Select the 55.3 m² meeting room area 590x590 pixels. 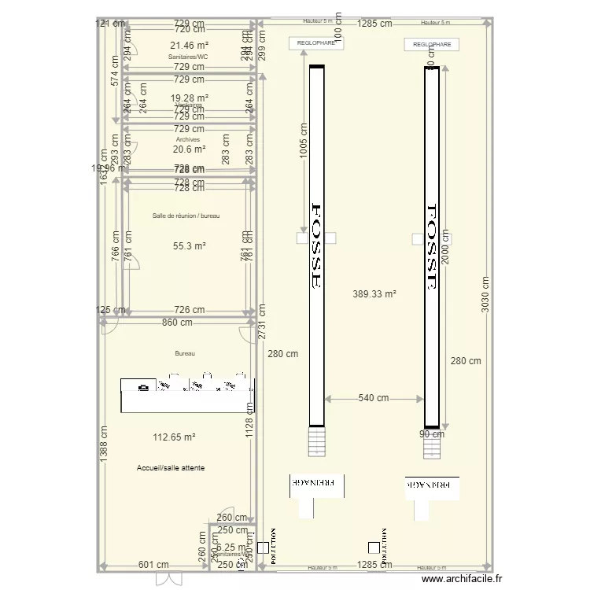coord(189,246)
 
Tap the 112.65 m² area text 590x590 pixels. coord(175,437)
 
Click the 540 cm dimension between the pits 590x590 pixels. coord(374,398)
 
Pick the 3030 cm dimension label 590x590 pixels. coord(485,293)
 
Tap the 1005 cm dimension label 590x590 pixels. coord(303,142)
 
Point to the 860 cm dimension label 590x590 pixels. coord(177,322)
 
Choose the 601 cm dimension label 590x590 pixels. coord(153,565)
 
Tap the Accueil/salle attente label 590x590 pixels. coord(171,468)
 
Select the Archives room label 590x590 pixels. coord(188,139)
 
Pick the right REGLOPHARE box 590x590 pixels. coord(431,45)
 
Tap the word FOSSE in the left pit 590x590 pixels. coord(318,247)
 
